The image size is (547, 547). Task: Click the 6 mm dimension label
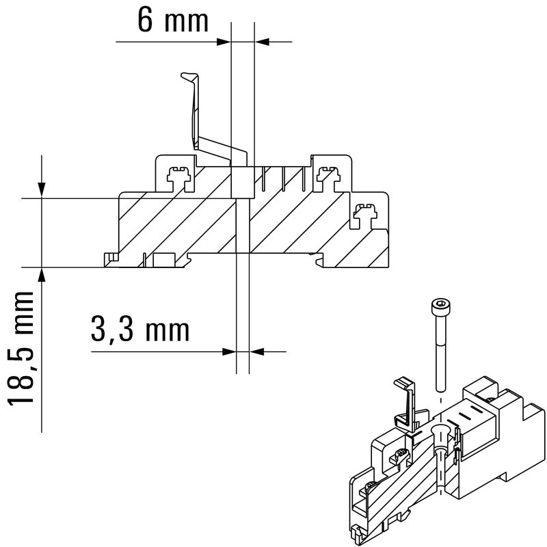tap(172, 21)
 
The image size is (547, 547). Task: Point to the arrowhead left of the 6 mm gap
tap(223, 42)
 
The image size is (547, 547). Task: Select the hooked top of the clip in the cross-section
tap(188, 76)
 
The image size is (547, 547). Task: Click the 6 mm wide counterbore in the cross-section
tap(243, 181)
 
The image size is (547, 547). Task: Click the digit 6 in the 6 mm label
tap(146, 21)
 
